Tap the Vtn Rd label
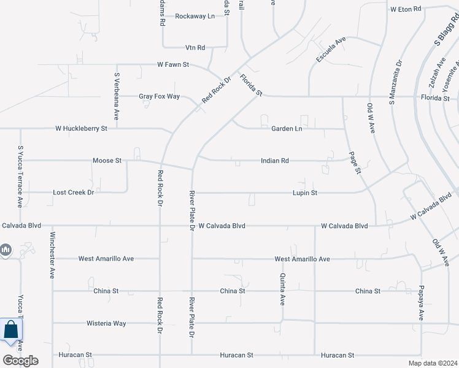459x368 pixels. click(195, 47)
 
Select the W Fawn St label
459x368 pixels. click(173, 64)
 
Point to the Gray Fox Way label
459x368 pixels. click(159, 96)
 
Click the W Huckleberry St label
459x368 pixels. click(81, 129)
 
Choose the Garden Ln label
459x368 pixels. click(287, 129)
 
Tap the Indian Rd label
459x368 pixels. click(274, 161)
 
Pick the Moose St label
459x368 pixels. click(107, 161)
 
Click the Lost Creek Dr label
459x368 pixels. click(73, 193)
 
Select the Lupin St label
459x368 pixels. click(304, 193)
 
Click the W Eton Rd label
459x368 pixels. click(406, 9)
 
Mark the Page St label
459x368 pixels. click(353, 163)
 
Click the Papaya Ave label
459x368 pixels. click(422, 302)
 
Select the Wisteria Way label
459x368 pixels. click(106, 323)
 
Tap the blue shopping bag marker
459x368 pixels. click(12, 331)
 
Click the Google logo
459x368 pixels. click(20, 361)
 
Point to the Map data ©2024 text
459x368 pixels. click(432, 363)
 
